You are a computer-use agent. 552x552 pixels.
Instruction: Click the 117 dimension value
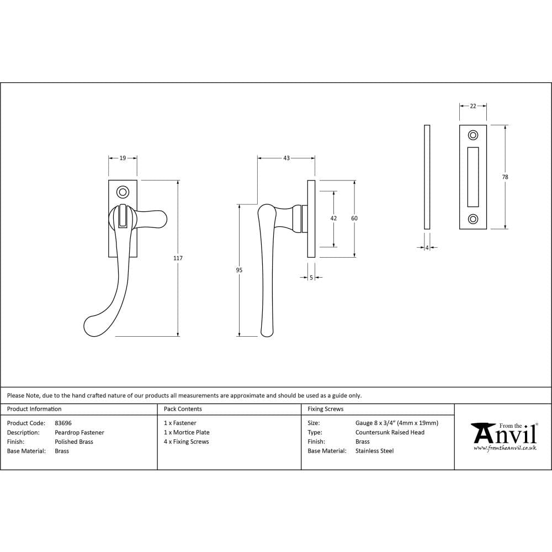tap(178, 258)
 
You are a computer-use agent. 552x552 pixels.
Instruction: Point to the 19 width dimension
tap(123, 158)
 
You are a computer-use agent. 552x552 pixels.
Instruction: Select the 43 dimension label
tap(286, 158)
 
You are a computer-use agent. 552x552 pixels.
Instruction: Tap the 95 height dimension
tap(239, 270)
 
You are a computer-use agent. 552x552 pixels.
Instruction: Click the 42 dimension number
tap(333, 219)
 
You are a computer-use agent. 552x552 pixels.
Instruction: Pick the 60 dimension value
tap(354, 219)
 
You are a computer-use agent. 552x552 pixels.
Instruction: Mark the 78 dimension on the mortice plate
tap(505, 177)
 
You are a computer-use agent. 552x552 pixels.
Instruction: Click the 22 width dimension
tap(473, 106)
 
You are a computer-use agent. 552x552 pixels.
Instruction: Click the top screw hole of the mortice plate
tap(473, 135)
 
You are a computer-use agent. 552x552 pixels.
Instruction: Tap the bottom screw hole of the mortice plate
tap(473, 219)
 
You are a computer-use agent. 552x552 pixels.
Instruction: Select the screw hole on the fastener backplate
tap(123, 192)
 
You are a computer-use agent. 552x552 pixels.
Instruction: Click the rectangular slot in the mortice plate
tap(473, 177)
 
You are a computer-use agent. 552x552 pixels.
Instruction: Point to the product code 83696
tap(63, 423)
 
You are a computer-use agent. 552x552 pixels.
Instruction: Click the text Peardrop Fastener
tap(79, 433)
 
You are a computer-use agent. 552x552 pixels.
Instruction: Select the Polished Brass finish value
tap(74, 442)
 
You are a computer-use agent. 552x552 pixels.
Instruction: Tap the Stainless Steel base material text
tap(374, 451)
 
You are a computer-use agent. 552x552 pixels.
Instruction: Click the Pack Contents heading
tap(183, 409)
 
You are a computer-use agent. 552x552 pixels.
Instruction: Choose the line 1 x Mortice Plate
tap(187, 433)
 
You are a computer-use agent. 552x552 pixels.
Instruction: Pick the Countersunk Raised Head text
tap(390, 433)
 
